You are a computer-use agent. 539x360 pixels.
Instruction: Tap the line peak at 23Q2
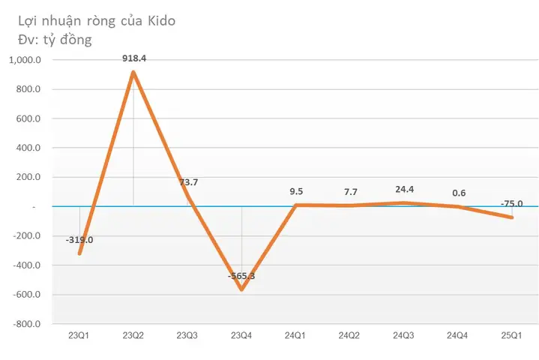tap(133, 72)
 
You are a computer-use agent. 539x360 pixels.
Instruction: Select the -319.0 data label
tap(79, 240)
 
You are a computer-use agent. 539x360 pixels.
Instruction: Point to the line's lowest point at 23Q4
tap(241, 289)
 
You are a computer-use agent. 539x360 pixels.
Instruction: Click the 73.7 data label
tap(187, 182)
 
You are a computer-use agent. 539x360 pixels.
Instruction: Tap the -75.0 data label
tap(511, 202)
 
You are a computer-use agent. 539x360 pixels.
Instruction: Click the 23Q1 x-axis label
tap(79, 336)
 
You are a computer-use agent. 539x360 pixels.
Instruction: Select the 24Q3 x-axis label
tap(403, 336)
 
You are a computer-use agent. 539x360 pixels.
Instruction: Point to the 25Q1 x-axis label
tap(511, 336)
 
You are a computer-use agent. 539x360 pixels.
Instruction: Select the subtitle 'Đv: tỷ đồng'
tap(55, 39)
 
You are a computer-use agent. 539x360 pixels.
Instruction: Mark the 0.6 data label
tap(457, 193)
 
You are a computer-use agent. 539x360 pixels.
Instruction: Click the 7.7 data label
tap(349, 191)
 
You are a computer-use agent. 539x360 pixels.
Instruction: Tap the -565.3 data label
tap(241, 276)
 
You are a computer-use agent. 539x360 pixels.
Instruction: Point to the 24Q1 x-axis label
tap(295, 336)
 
